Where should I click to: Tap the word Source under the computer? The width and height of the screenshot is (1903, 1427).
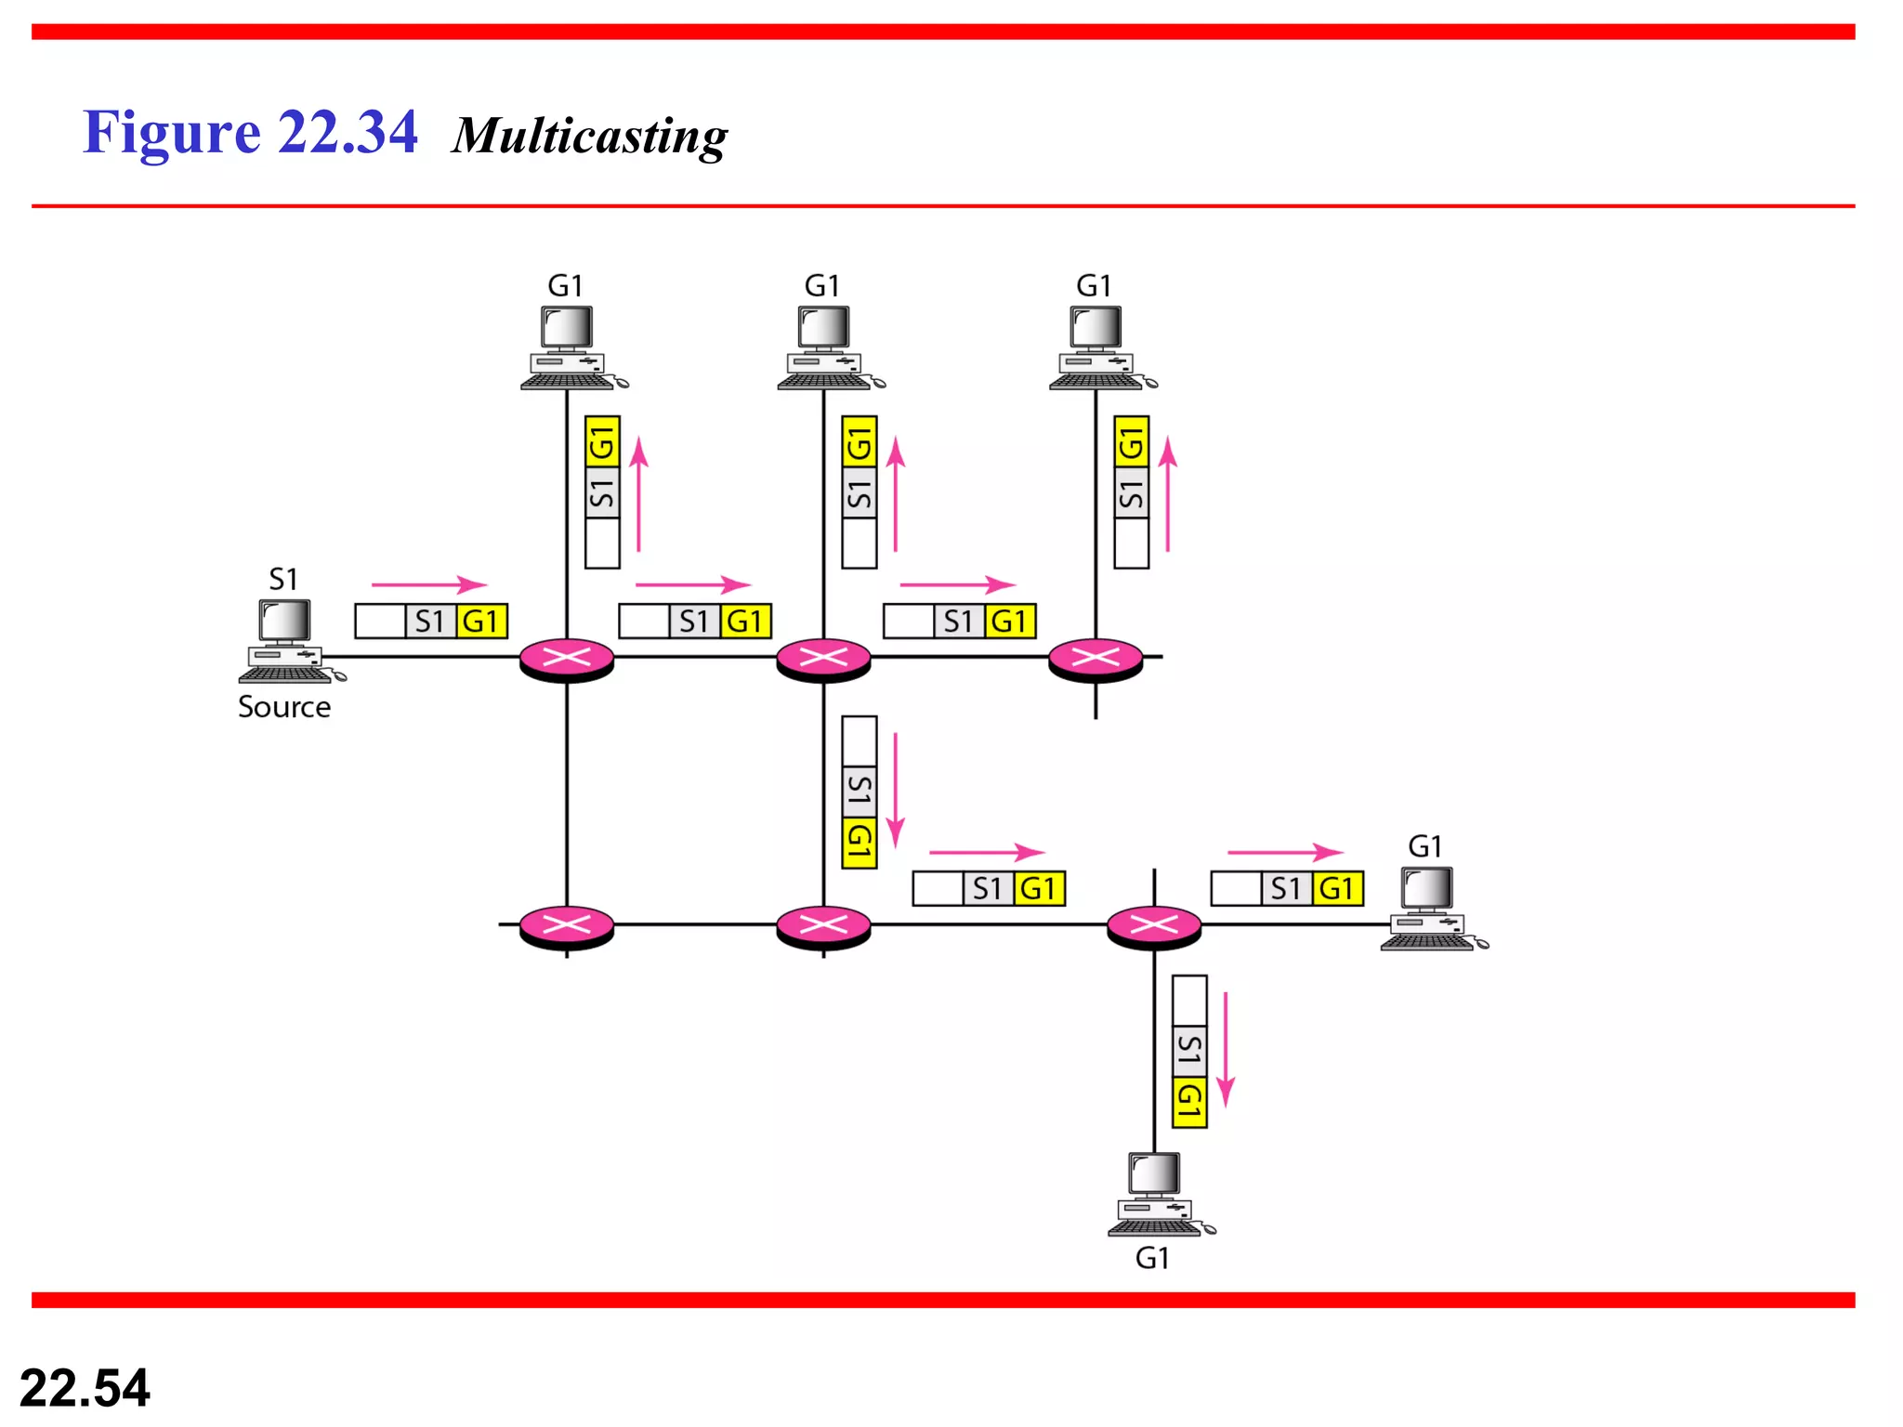[x=284, y=707]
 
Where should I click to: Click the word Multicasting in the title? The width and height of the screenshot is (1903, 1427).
[x=590, y=136]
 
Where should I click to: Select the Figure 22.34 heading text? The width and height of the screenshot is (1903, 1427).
[x=250, y=132]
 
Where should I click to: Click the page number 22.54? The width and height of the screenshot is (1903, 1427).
[x=85, y=1388]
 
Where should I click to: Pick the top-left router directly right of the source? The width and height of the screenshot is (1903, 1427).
[x=567, y=659]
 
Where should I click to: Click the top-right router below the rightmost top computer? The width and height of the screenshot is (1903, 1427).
[x=1096, y=659]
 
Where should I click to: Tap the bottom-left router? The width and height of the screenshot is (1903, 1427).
[x=567, y=925]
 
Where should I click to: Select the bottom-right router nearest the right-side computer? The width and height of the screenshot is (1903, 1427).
[x=1154, y=925]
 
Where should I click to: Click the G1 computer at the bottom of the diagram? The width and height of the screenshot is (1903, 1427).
[x=1156, y=1195]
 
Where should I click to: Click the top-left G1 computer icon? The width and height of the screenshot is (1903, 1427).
[x=569, y=348]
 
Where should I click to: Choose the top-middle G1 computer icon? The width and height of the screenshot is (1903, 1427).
[x=825, y=348]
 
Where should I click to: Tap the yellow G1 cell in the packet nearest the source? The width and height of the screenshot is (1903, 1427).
[x=481, y=621]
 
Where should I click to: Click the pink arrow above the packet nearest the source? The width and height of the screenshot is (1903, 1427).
[x=428, y=584]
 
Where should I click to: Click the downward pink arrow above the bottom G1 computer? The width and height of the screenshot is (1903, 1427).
[x=1226, y=1049]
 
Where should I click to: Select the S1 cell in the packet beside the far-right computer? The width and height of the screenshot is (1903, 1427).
[x=1286, y=888]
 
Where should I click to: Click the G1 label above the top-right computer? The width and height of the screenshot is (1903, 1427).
[x=1094, y=285]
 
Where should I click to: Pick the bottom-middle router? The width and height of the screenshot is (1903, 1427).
[x=823, y=925]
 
